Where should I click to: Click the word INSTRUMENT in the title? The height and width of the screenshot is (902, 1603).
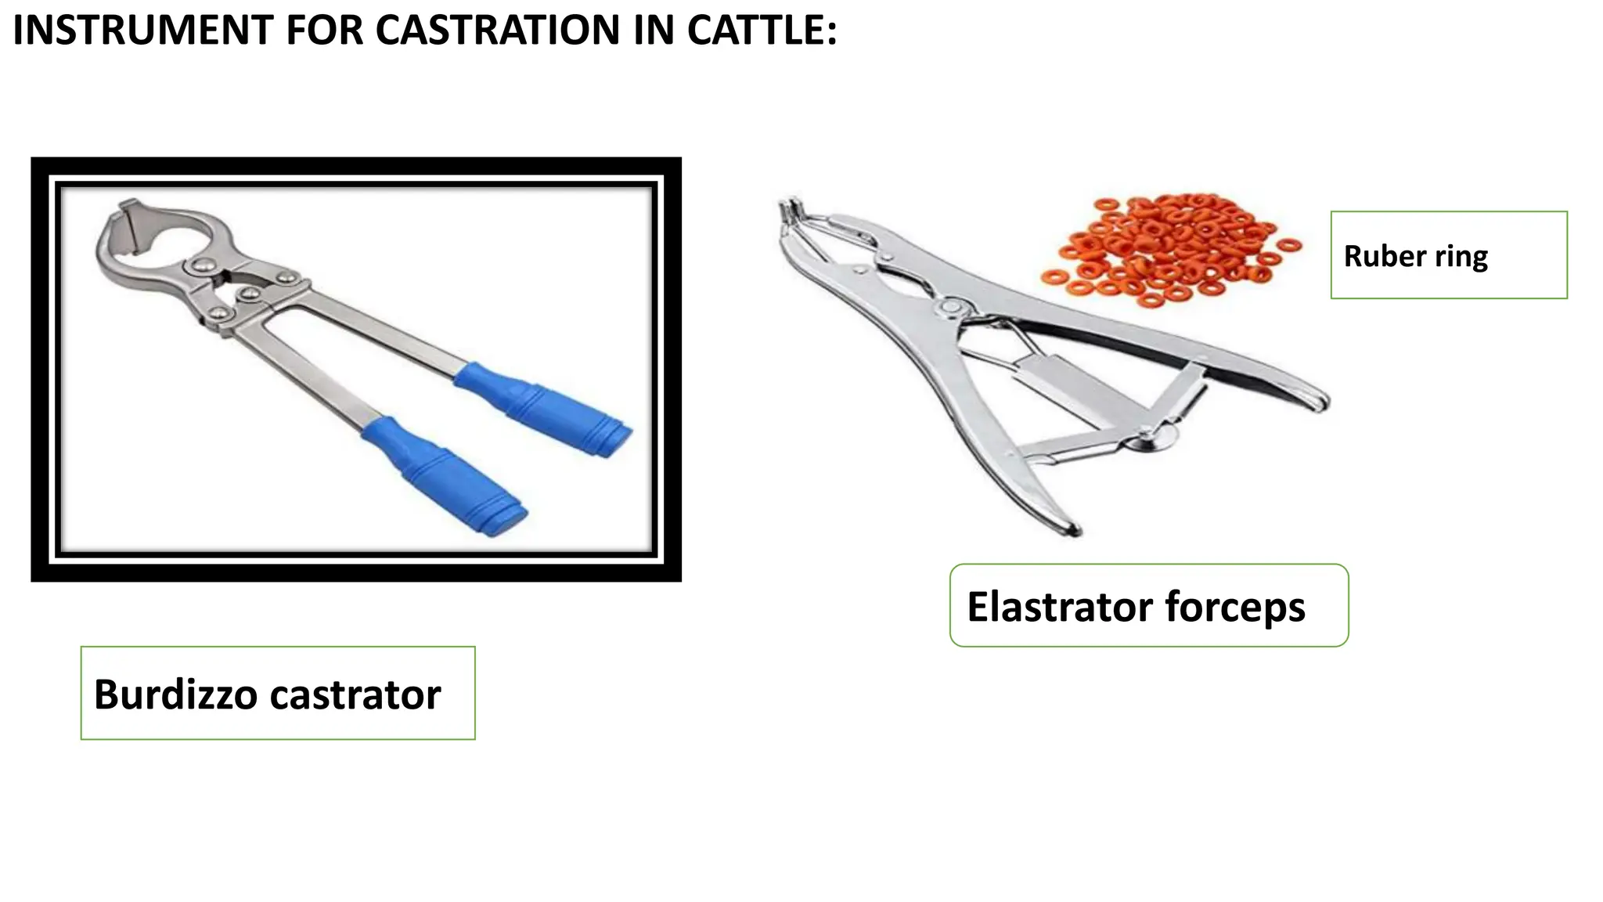(x=143, y=31)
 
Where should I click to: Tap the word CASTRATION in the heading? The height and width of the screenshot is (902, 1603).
(x=498, y=31)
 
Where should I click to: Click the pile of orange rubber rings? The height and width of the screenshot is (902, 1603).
(x=1170, y=249)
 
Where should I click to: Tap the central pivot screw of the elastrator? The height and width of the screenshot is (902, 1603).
(x=952, y=306)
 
